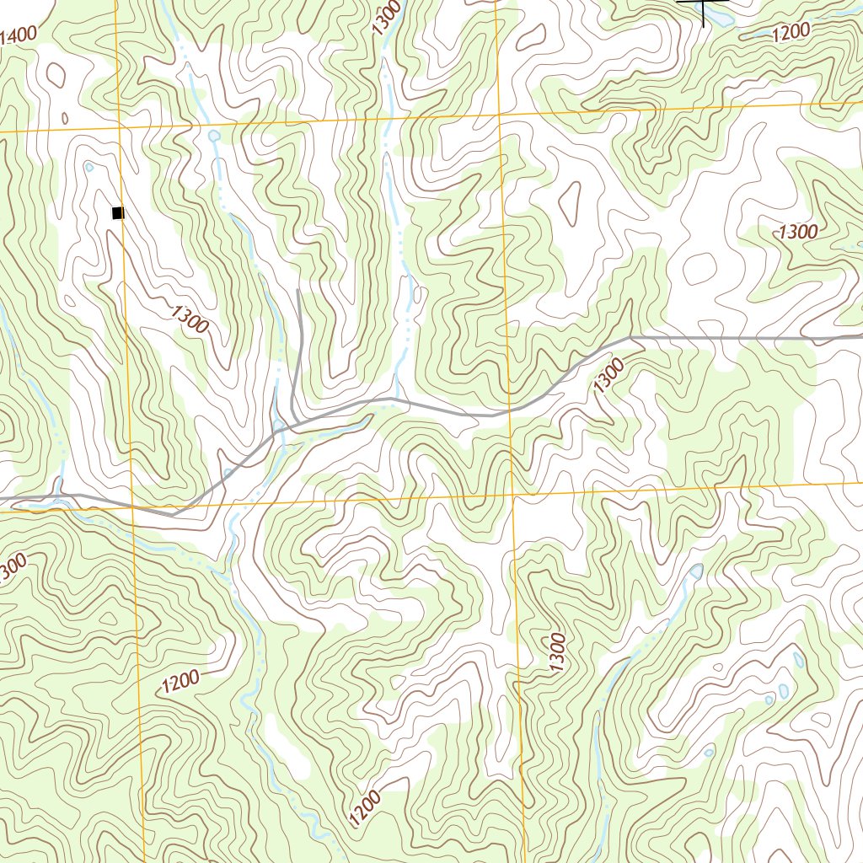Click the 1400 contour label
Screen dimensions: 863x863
pyautogui.click(x=18, y=35)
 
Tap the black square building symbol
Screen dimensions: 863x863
pyautogui.click(x=118, y=213)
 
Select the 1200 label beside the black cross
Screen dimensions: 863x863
pyautogui.click(x=791, y=31)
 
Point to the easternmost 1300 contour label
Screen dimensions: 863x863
pyautogui.click(x=797, y=232)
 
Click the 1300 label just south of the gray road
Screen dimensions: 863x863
pyautogui.click(x=609, y=374)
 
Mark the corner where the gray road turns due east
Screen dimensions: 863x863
pyautogui.click(x=631, y=337)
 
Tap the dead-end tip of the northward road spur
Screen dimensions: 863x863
pyautogui.click(x=299, y=291)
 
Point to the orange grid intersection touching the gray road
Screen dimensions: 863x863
pyautogui.click(x=509, y=412)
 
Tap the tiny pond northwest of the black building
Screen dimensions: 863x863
pyautogui.click(x=89, y=167)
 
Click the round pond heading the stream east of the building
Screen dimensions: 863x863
pyautogui.click(x=214, y=135)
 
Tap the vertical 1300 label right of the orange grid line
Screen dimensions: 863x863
pyautogui.click(x=555, y=651)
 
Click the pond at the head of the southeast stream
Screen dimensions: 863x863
pyautogui.click(x=696, y=571)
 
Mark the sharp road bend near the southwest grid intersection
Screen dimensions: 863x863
pyautogui.click(x=173, y=512)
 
